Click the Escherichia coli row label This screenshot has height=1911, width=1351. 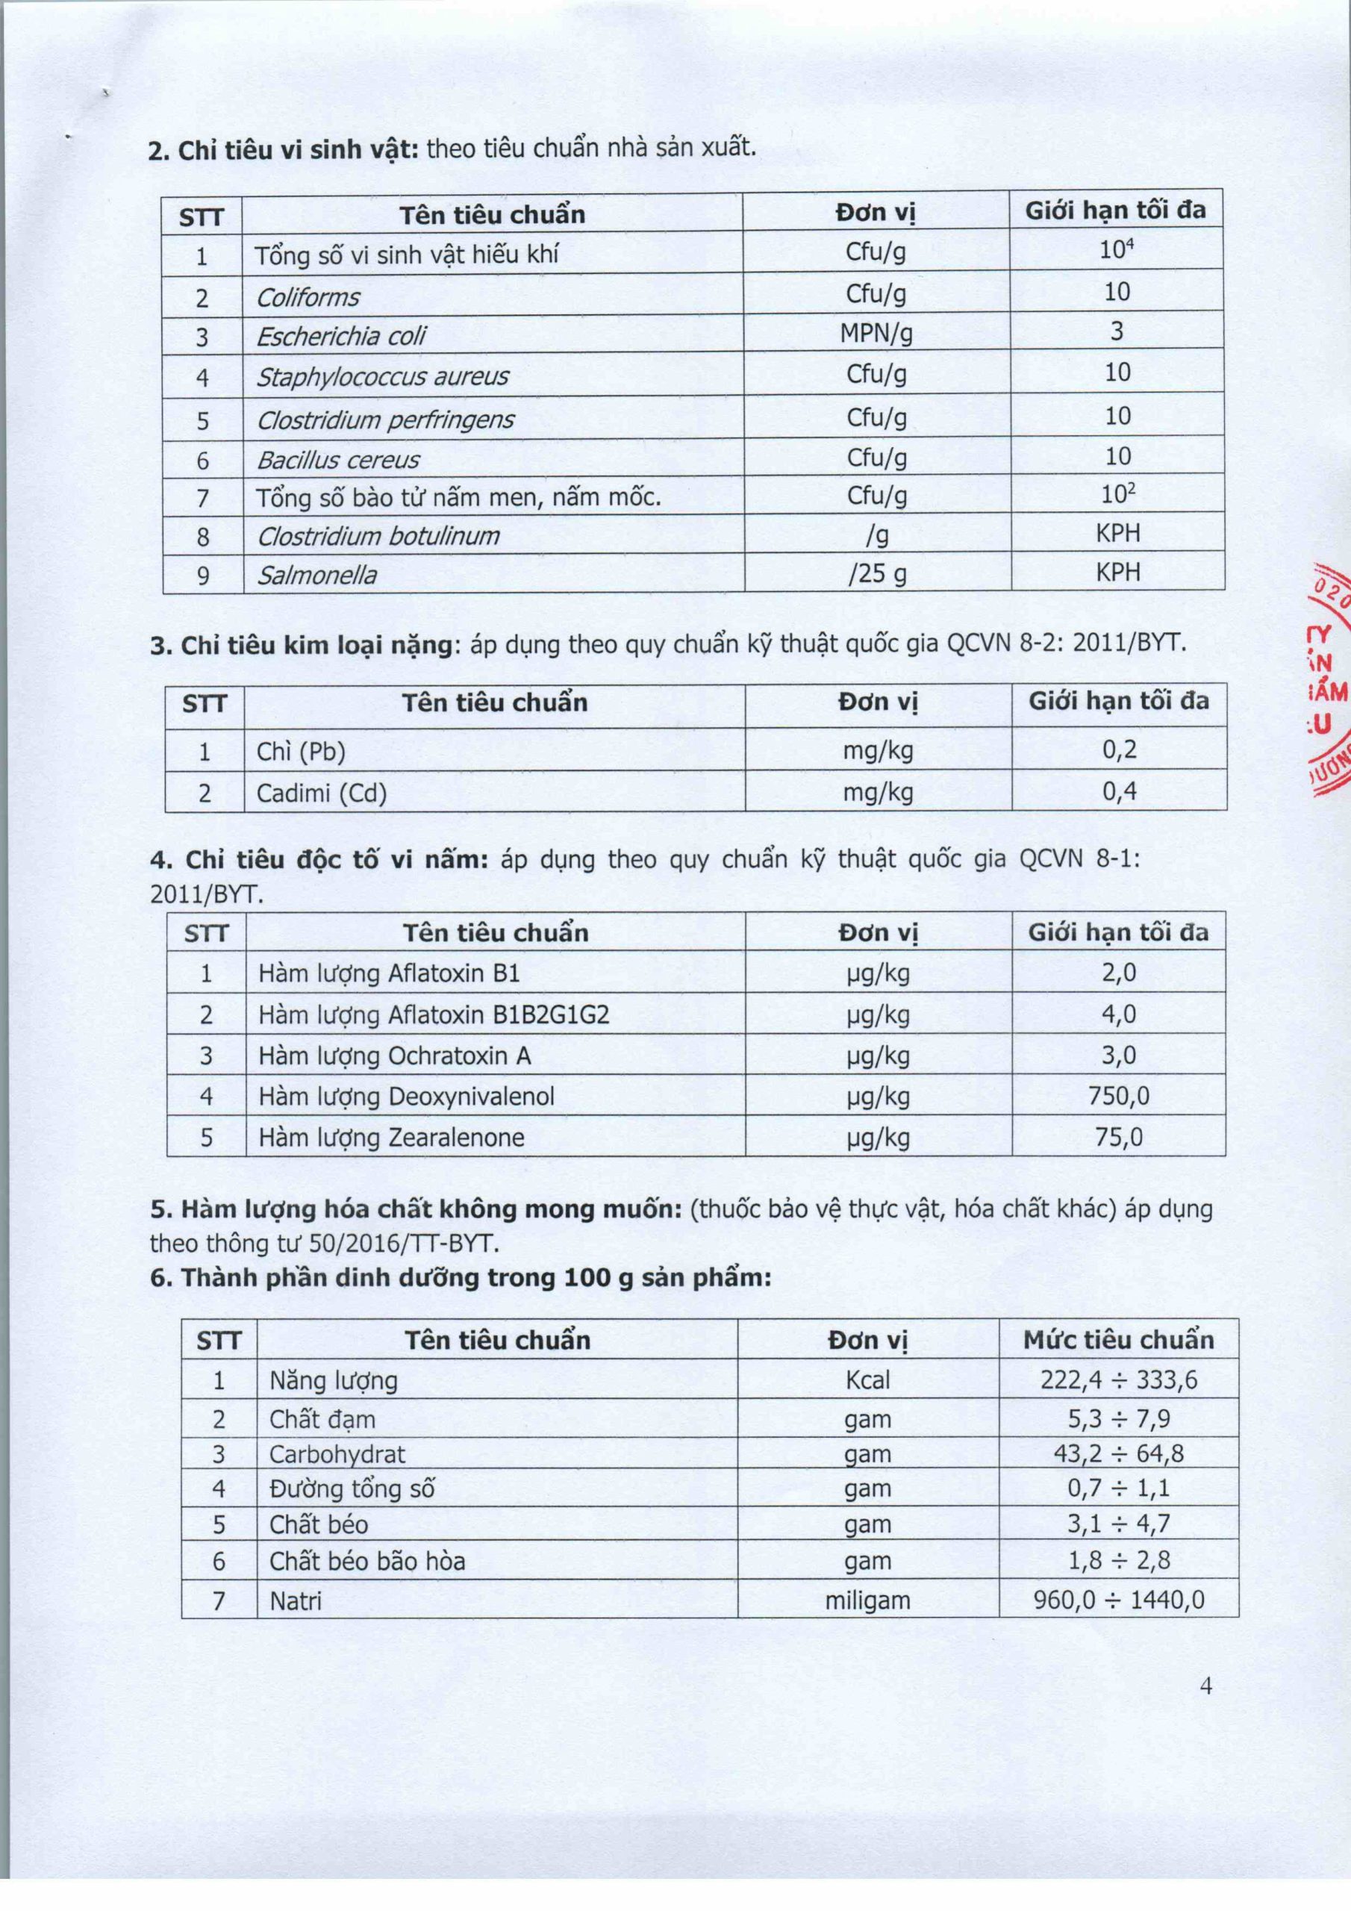tap(340, 336)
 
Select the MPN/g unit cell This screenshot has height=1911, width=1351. tap(876, 334)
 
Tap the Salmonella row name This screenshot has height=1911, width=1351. tap(316, 575)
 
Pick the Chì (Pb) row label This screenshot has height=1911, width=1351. tap(301, 752)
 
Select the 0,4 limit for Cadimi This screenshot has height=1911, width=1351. tap(1119, 791)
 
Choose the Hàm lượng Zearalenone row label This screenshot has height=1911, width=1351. tap(391, 1137)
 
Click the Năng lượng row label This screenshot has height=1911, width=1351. tap(333, 1381)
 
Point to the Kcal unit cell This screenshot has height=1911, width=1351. tap(867, 1380)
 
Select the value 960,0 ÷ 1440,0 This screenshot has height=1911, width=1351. tap(1118, 1600)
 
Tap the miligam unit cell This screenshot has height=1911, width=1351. tap(867, 1600)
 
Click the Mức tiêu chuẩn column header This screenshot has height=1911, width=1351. tap(1118, 1339)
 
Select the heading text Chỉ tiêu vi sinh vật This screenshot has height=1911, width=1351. tap(283, 150)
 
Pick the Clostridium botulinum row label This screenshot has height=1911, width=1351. tap(378, 536)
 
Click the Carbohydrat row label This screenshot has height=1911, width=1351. tap(337, 1454)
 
